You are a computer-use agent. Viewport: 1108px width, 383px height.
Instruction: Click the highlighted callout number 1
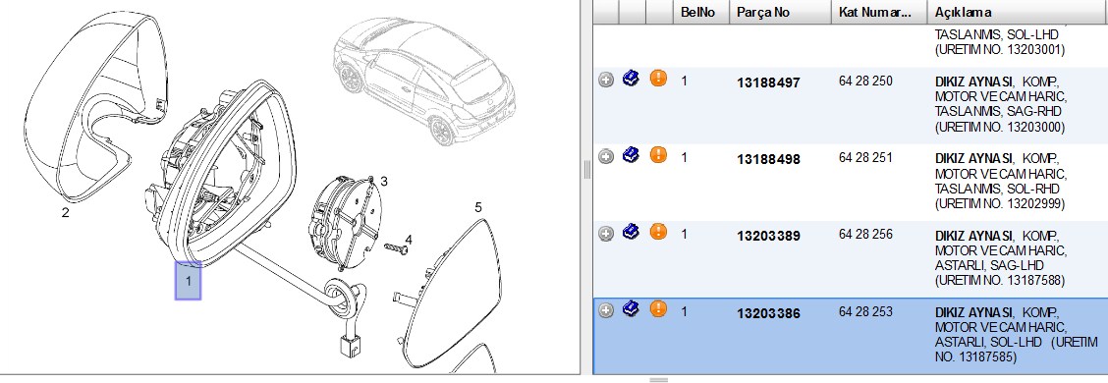coord(188,281)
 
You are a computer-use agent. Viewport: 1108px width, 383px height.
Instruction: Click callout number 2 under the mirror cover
coord(65,212)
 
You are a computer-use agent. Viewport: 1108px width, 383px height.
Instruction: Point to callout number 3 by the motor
coord(384,182)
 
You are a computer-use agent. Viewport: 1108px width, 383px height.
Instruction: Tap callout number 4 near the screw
coord(409,241)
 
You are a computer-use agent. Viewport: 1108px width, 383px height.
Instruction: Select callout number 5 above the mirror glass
coord(478,207)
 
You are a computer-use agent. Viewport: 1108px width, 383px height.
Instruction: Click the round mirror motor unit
coord(343,220)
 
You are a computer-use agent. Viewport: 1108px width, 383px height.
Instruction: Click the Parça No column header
coord(763,12)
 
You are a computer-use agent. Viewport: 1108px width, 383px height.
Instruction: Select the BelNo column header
coord(696,12)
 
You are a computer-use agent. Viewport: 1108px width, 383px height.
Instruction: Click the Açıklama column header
coord(964,12)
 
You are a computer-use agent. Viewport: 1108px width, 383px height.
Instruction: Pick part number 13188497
coord(768,82)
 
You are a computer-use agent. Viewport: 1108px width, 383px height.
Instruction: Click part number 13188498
coord(768,160)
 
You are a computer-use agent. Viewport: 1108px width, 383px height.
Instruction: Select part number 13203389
coord(768,236)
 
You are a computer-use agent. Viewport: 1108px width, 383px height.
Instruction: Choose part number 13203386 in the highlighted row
coord(768,313)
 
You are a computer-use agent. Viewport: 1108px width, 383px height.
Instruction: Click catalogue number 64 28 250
coord(865,82)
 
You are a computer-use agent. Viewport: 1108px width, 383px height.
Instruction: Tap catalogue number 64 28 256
coord(865,235)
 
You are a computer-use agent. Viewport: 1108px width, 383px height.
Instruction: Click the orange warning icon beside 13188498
coord(658,154)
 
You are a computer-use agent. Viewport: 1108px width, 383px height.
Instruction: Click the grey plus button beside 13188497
coord(606,80)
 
